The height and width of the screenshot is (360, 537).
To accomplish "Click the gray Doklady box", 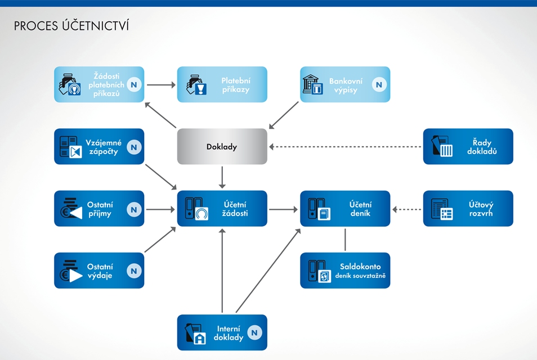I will click(x=222, y=146).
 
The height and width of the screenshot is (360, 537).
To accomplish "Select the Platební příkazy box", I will click(x=222, y=84).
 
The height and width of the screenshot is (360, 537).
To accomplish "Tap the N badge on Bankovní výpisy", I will click(x=379, y=84).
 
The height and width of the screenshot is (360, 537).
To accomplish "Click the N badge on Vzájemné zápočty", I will click(x=133, y=147).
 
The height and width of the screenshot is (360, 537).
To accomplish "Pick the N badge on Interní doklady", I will click(x=255, y=332).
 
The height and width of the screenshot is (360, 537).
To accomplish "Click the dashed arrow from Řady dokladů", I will click(x=346, y=147).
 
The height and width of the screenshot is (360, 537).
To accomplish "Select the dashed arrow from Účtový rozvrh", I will click(x=406, y=209).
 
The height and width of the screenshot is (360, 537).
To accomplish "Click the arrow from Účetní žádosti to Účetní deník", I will click(x=283, y=209).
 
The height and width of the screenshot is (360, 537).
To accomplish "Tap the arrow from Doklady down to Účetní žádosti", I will click(x=222, y=177).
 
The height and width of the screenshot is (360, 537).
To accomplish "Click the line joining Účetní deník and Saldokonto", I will click(x=345, y=239).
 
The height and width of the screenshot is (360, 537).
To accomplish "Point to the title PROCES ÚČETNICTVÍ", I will click(x=71, y=26).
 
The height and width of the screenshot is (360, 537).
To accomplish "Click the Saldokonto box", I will click(x=344, y=271).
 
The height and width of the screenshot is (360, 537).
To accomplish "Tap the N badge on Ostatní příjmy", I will click(x=133, y=209).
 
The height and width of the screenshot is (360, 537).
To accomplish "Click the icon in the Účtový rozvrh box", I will click(x=442, y=209).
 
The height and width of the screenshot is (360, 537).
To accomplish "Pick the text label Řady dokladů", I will click(x=482, y=147).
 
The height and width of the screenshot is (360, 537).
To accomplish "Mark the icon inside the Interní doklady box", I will click(x=195, y=333).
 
